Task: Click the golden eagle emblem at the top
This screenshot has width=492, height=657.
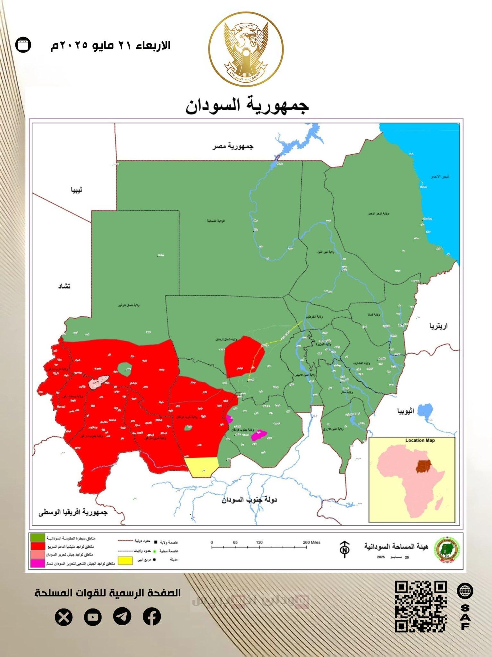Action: click(x=246, y=49)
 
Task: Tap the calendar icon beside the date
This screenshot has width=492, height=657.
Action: click(x=23, y=45)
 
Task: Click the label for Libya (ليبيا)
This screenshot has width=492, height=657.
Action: click(x=76, y=190)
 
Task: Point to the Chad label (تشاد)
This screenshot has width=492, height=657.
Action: click(x=64, y=286)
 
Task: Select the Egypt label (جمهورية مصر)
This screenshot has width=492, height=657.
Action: click(x=233, y=147)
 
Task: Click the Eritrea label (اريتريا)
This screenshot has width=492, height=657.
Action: click(x=438, y=326)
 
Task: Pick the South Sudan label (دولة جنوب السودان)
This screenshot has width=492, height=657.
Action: click(x=249, y=499)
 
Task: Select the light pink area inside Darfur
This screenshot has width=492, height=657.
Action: click(x=98, y=381)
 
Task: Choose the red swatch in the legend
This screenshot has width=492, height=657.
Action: click(x=37, y=546)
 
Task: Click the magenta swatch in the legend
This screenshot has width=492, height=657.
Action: click(x=37, y=563)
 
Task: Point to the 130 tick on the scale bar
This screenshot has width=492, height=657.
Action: click(x=259, y=547)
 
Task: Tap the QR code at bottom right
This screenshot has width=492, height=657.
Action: click(x=420, y=606)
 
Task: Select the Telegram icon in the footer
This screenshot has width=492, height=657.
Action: click(x=122, y=616)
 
